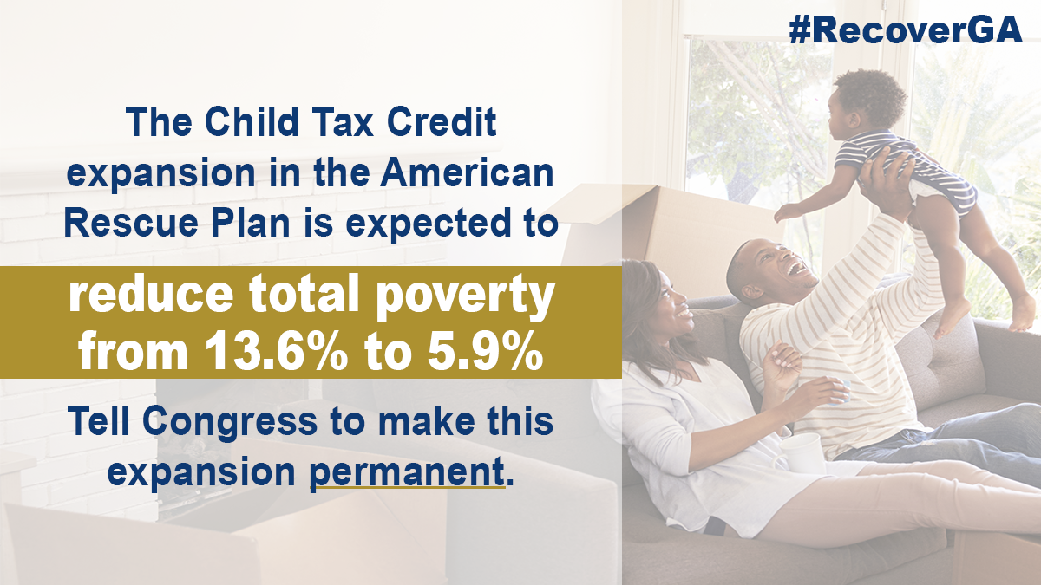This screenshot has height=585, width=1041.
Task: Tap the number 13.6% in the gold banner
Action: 277,351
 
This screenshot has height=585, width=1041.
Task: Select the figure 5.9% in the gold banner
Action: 486,351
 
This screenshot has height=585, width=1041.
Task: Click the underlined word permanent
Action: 407,472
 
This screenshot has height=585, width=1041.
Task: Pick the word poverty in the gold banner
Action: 465,297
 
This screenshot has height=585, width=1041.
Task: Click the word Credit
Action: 442,121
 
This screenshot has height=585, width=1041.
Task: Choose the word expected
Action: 427,225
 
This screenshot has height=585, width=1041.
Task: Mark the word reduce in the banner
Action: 151,295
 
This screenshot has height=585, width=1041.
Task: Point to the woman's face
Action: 671,302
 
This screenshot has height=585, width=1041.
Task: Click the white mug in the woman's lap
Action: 800,452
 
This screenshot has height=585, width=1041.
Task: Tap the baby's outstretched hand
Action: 785,212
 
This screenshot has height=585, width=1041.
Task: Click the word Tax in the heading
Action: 343,121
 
